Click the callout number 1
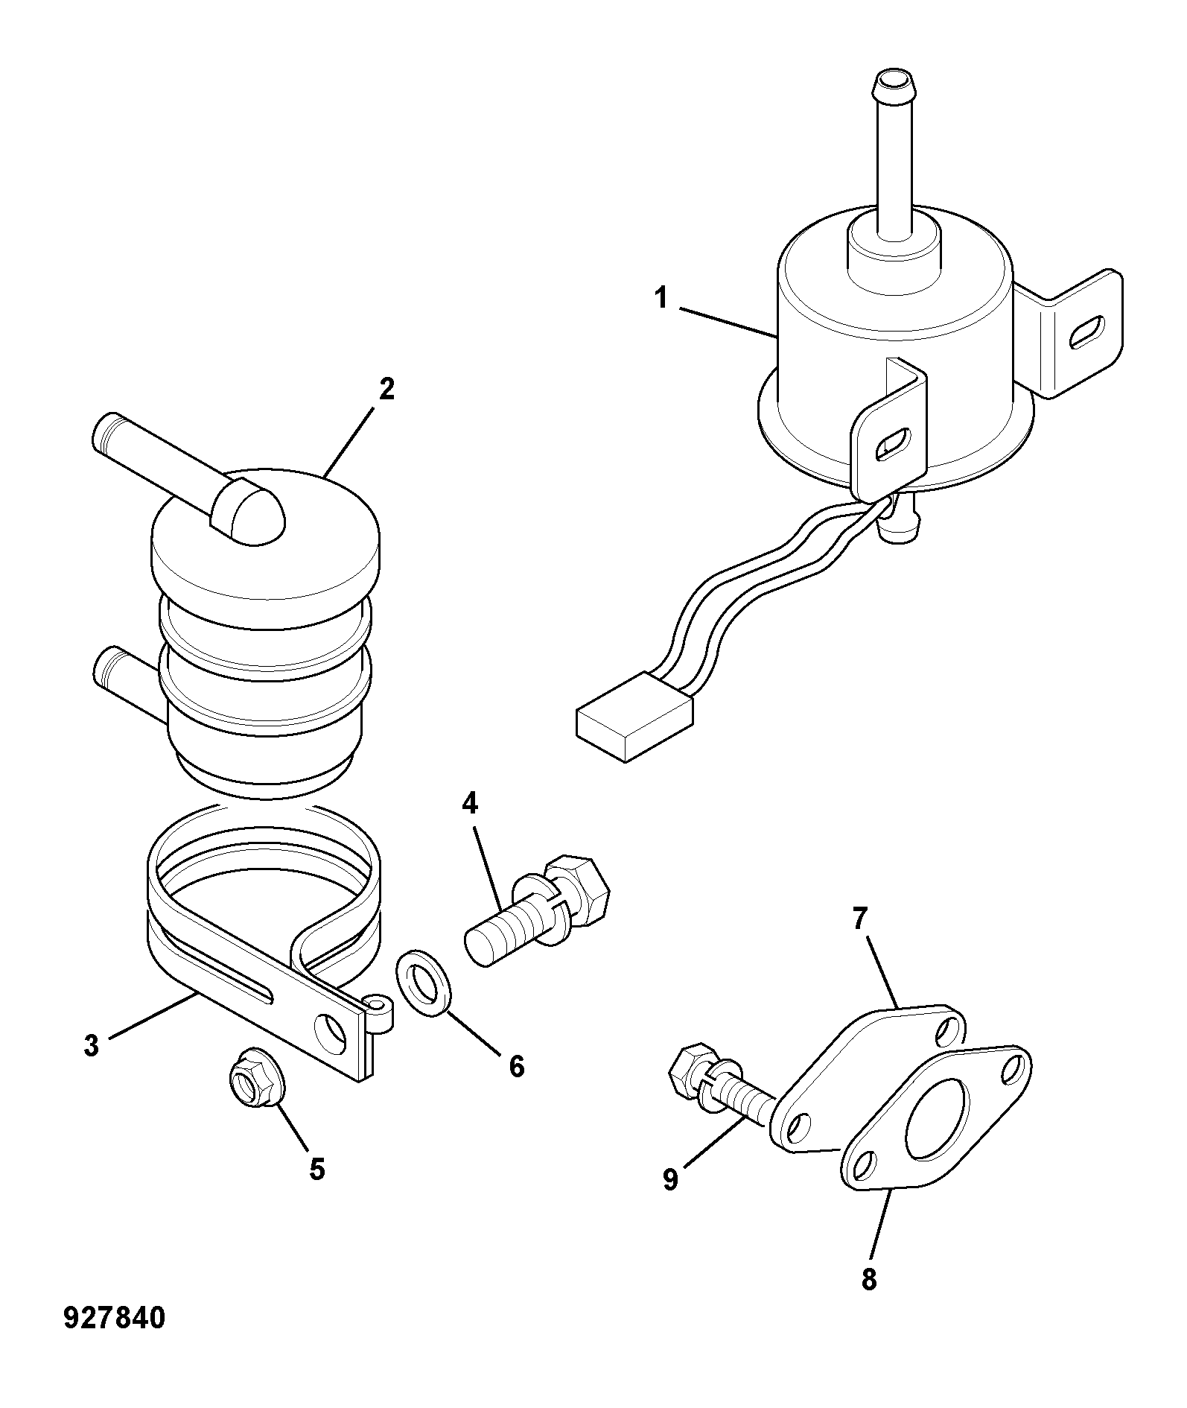(x=661, y=299)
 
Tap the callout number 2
(x=386, y=390)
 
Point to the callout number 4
(x=470, y=803)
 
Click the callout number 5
(x=317, y=1169)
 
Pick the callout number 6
(x=516, y=1066)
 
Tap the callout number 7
(x=860, y=919)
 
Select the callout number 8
(x=869, y=1279)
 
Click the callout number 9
(x=670, y=1179)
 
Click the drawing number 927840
(x=114, y=1319)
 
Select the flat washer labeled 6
(x=422, y=982)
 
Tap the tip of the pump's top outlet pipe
(x=893, y=79)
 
